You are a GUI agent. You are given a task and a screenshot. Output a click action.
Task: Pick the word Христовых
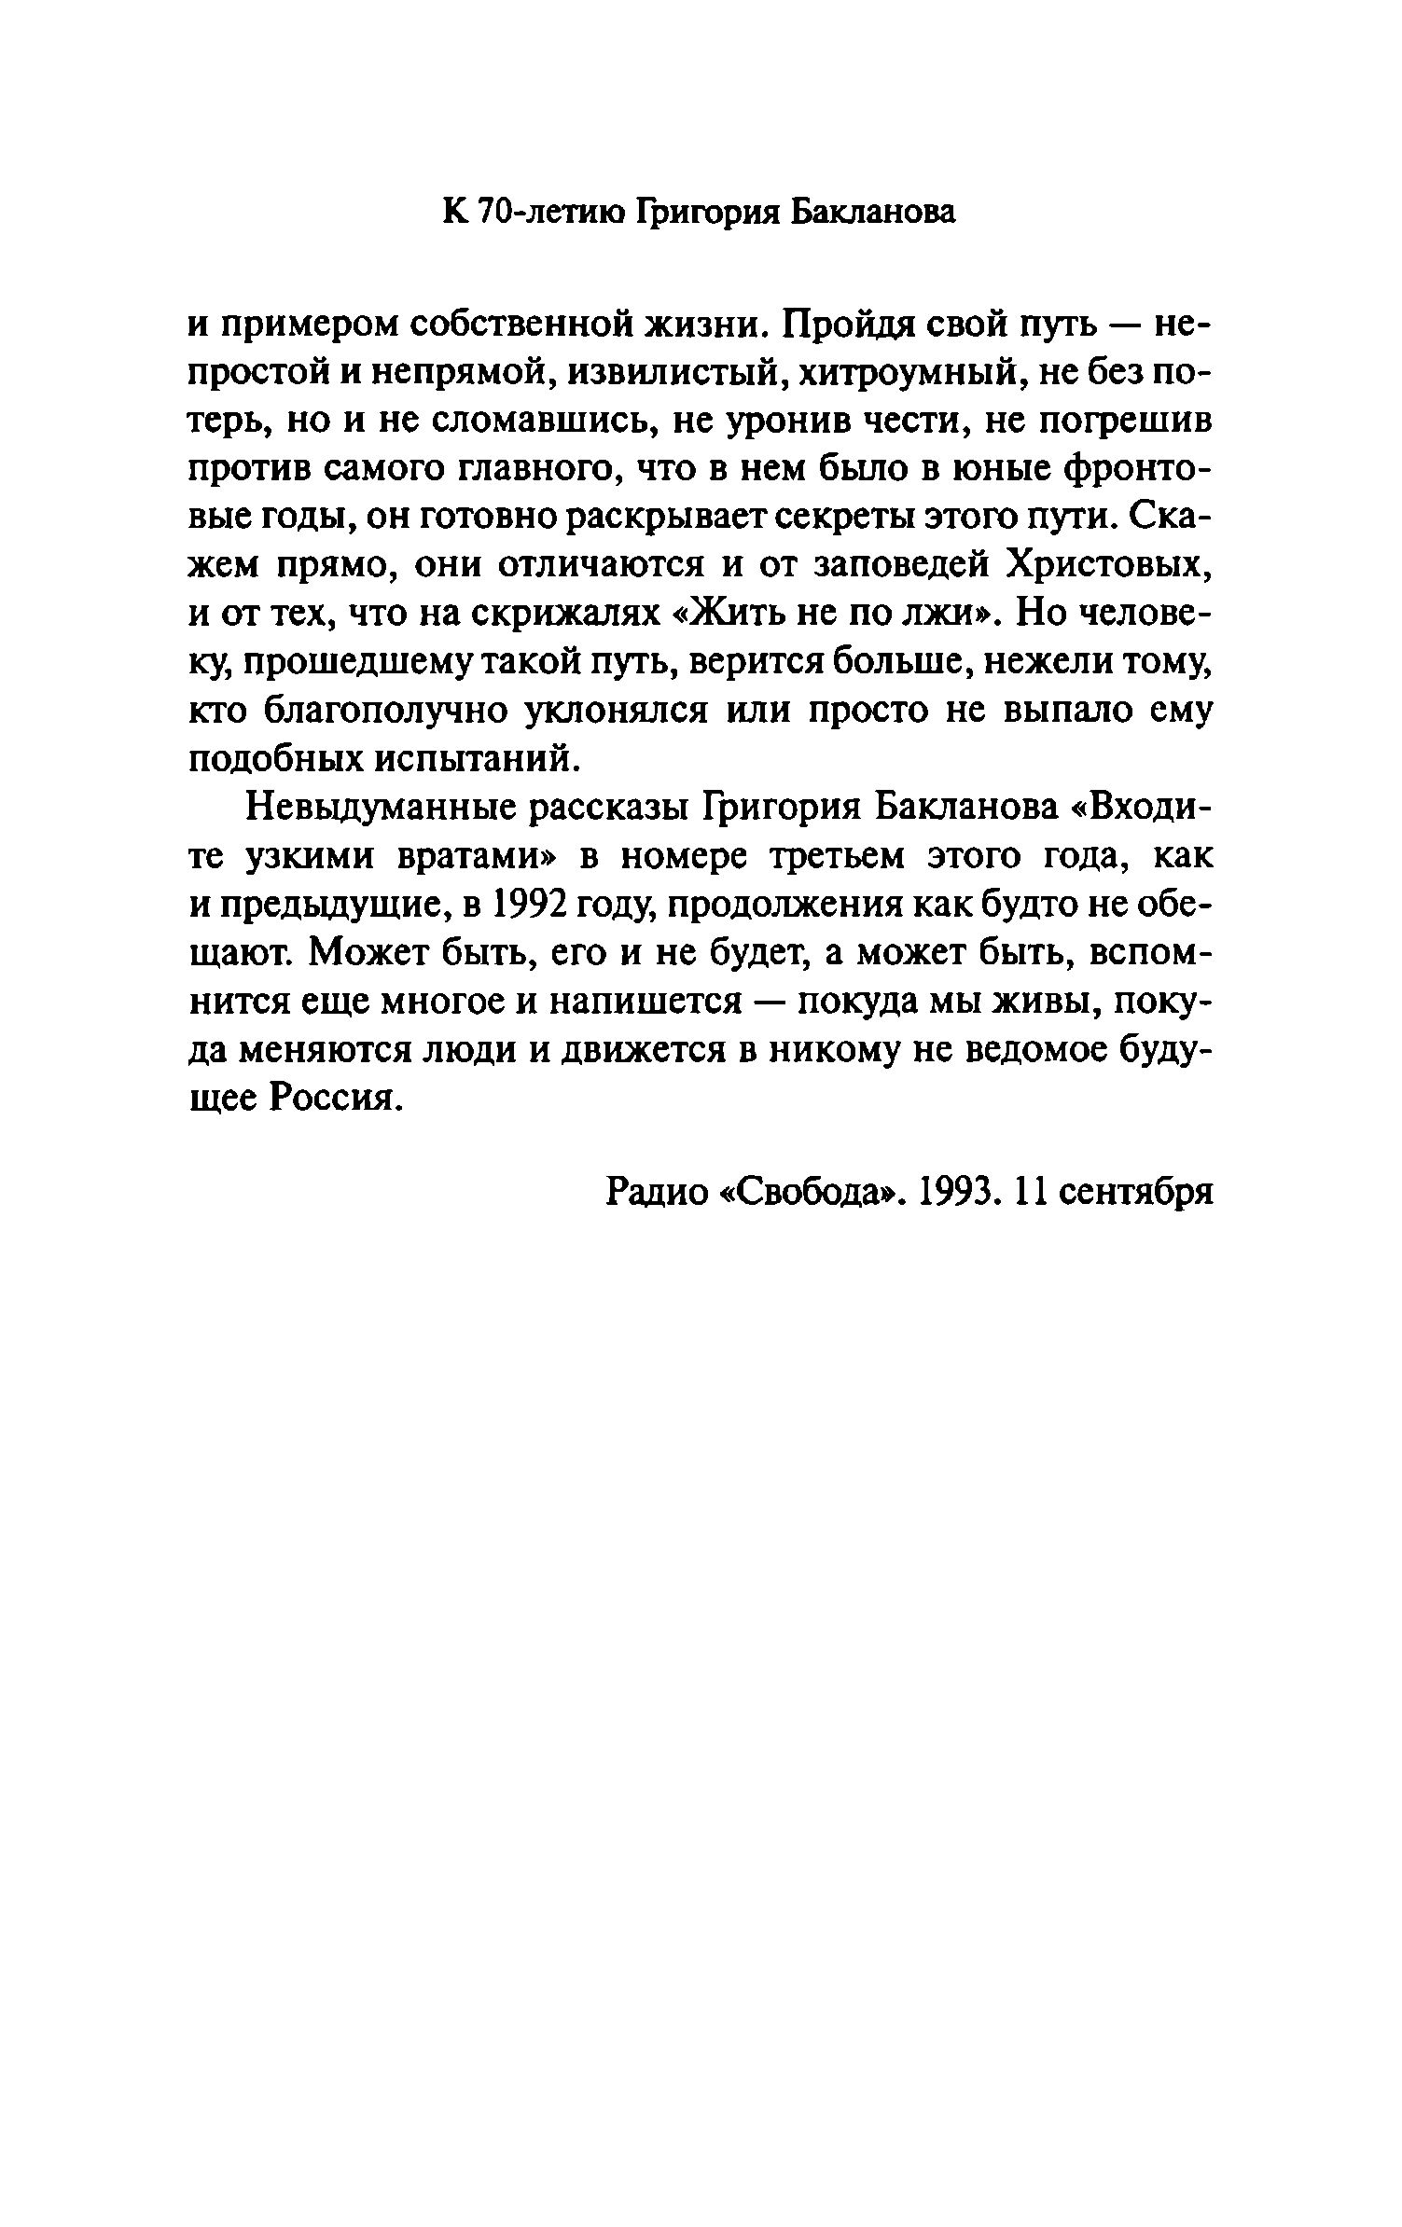pos(1107,565)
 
